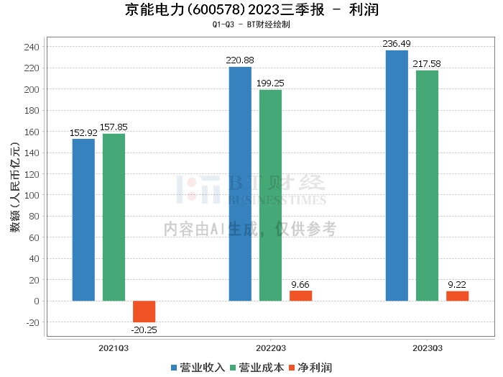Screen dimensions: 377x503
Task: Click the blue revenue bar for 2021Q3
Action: click(83, 219)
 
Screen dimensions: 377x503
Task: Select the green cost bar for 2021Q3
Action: click(114, 217)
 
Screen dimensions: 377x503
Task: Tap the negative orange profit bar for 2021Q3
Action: click(144, 312)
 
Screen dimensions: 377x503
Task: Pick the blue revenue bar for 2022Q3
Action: click(240, 183)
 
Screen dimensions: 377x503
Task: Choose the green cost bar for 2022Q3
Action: click(270, 195)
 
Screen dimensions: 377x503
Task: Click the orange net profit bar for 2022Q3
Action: click(300, 296)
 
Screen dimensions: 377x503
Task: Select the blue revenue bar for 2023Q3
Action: click(397, 176)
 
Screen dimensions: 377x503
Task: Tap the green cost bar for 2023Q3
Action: click(427, 186)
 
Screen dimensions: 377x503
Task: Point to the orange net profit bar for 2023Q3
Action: click(457, 296)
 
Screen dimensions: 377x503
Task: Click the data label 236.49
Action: click(397, 44)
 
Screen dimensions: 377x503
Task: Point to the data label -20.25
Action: click(144, 330)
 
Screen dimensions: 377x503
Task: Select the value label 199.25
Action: click(270, 83)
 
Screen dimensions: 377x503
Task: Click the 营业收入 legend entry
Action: click(198, 368)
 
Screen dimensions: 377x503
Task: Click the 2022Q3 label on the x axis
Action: click(270, 348)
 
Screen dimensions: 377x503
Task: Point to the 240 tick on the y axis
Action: click(32, 47)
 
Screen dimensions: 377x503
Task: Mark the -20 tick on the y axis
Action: click(32, 322)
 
